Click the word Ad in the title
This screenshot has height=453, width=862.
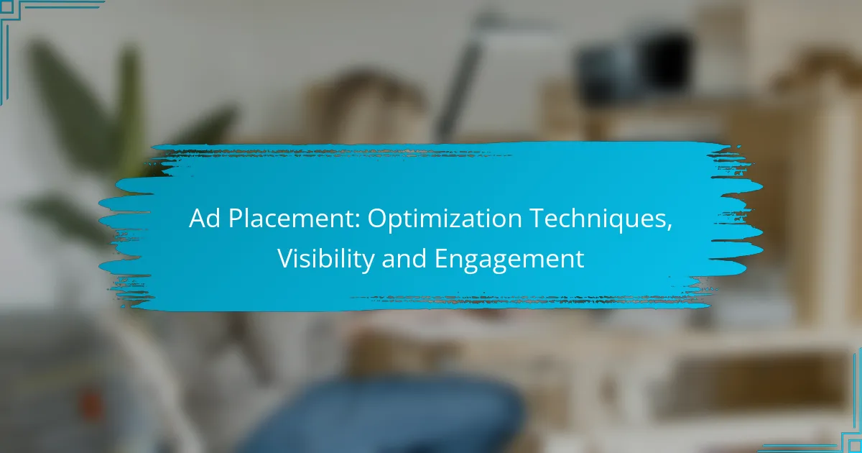[x=204, y=219]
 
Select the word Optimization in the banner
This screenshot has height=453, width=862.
[x=445, y=219]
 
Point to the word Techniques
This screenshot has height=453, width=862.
[x=599, y=219]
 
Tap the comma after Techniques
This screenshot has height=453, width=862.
[x=669, y=227]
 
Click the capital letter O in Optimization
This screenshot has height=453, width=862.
[x=378, y=219]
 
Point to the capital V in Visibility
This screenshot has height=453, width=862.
[x=286, y=258]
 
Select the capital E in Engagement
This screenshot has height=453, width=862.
[x=441, y=258]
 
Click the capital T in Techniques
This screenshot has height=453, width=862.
[x=537, y=219]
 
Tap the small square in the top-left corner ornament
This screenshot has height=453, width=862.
[x=7, y=7]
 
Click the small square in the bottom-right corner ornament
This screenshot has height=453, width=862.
[x=856, y=447]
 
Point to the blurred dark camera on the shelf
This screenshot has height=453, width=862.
[x=635, y=63]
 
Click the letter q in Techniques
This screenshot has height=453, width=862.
[x=619, y=223]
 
